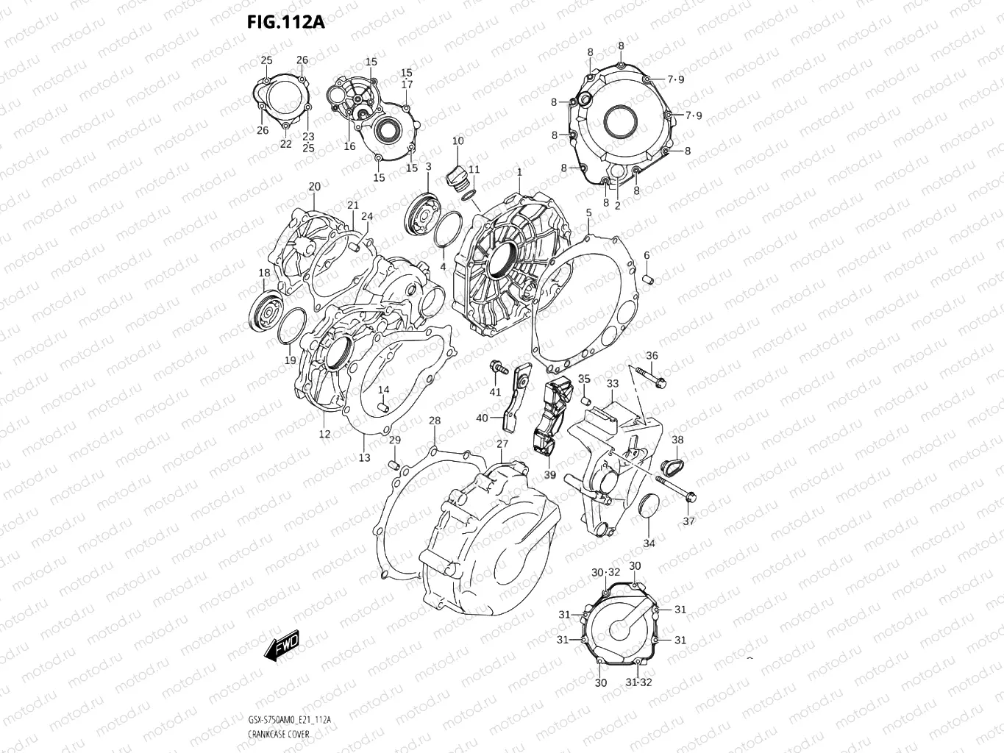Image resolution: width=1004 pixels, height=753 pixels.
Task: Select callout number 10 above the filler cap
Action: [x=458, y=141]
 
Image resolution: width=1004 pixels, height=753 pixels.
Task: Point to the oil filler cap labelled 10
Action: [x=455, y=177]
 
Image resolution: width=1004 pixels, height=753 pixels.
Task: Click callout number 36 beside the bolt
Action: [x=652, y=356]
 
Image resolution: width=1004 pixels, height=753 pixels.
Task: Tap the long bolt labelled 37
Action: [x=675, y=490]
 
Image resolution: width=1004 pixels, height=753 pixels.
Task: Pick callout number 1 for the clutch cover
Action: [x=519, y=172]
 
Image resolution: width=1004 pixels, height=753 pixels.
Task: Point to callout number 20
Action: [x=315, y=186]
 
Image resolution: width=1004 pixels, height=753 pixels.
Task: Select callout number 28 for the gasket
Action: [x=435, y=421]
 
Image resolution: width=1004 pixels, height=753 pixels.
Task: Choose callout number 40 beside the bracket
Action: [x=482, y=418]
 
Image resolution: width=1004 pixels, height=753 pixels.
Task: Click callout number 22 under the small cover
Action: [x=285, y=144]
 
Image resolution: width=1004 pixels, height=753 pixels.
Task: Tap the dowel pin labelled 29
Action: [x=394, y=465]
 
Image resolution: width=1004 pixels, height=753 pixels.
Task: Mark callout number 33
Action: [x=612, y=384]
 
